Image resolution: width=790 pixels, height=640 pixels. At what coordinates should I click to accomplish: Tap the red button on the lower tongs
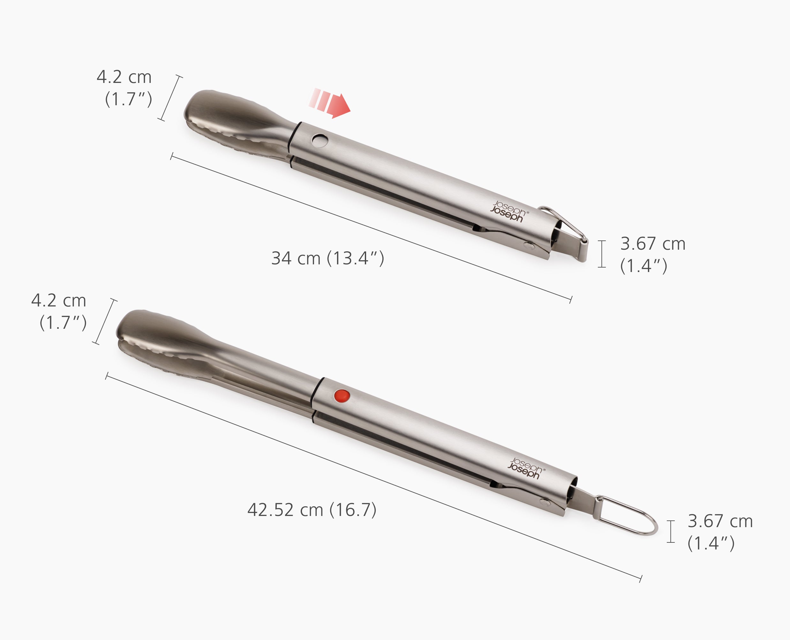point(342,396)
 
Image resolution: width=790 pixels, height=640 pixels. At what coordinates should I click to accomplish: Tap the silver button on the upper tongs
point(320,140)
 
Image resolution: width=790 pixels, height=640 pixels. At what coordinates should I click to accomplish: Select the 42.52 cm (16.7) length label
point(312,510)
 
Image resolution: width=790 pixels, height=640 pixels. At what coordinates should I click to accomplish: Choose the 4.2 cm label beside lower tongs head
point(59,301)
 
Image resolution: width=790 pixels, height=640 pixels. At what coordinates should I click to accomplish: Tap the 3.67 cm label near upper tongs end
point(653,244)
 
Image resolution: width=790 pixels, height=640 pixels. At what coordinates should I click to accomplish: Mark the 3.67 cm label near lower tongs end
point(720,521)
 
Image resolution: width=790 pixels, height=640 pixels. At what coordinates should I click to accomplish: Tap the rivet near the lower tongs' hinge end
point(545,502)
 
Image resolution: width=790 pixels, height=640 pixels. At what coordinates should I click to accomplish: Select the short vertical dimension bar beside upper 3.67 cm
point(602,254)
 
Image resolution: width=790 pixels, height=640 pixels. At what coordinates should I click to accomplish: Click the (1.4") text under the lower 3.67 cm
point(711,543)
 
